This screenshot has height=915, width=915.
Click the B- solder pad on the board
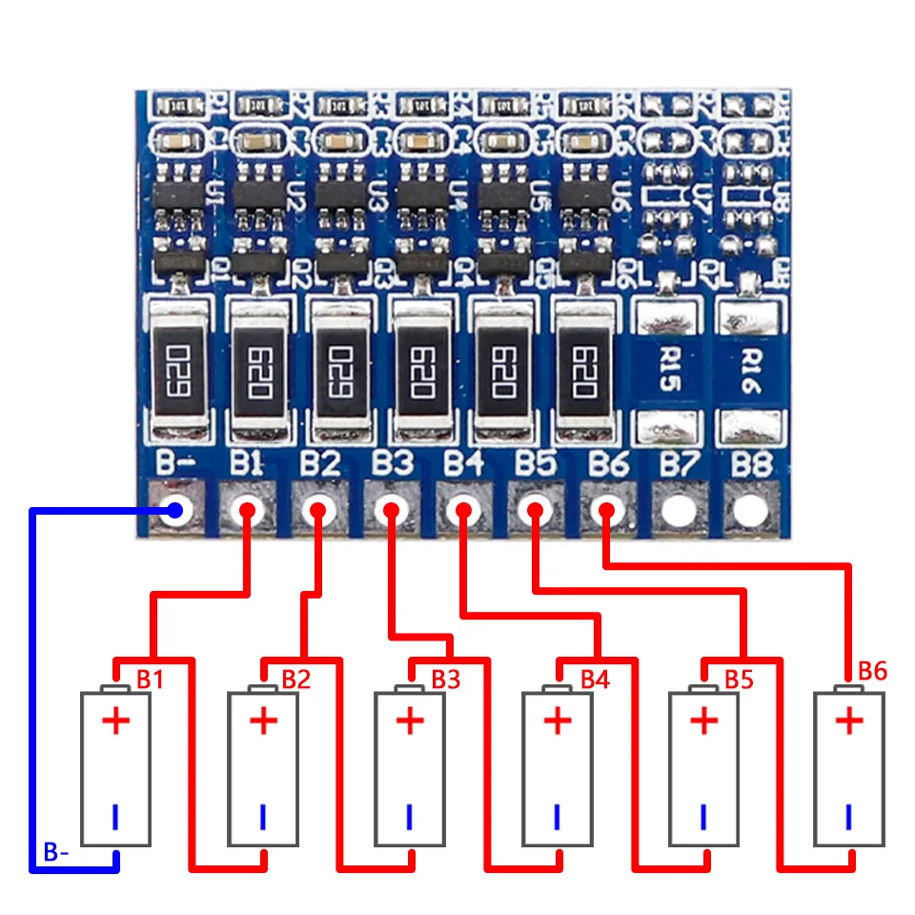(x=173, y=511)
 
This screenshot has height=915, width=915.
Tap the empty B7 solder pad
(x=678, y=511)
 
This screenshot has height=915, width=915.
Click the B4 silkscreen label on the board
(x=464, y=464)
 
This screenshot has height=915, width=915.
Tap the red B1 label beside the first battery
(x=150, y=680)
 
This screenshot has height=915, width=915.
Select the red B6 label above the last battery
(x=872, y=671)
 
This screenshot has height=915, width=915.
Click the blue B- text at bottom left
(x=56, y=852)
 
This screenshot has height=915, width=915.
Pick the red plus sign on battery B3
(x=409, y=721)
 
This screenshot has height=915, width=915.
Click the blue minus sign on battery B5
(x=703, y=817)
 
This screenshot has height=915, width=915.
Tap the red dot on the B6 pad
(x=604, y=511)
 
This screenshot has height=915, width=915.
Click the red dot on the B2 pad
(x=316, y=511)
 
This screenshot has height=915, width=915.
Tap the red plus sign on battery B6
(x=849, y=721)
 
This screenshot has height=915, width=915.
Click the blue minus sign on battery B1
(x=115, y=817)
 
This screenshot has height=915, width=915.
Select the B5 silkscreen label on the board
(x=536, y=464)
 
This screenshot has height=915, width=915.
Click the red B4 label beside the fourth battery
(x=594, y=680)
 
